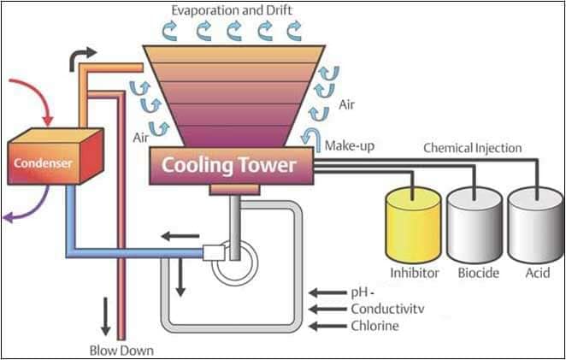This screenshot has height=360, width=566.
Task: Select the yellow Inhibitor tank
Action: point(413,227)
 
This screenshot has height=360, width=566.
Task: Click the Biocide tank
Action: point(474,227)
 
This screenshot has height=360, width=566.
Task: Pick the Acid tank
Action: point(534,227)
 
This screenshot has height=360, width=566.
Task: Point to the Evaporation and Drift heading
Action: point(233,11)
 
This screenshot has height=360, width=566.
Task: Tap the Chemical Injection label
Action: point(472,148)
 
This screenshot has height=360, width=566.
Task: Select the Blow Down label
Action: point(121,350)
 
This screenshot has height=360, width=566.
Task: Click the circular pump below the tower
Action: point(233,264)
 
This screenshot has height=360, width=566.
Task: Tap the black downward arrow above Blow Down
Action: point(106,316)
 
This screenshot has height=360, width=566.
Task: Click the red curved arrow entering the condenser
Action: point(38,101)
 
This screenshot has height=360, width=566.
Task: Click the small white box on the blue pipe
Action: point(212,253)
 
